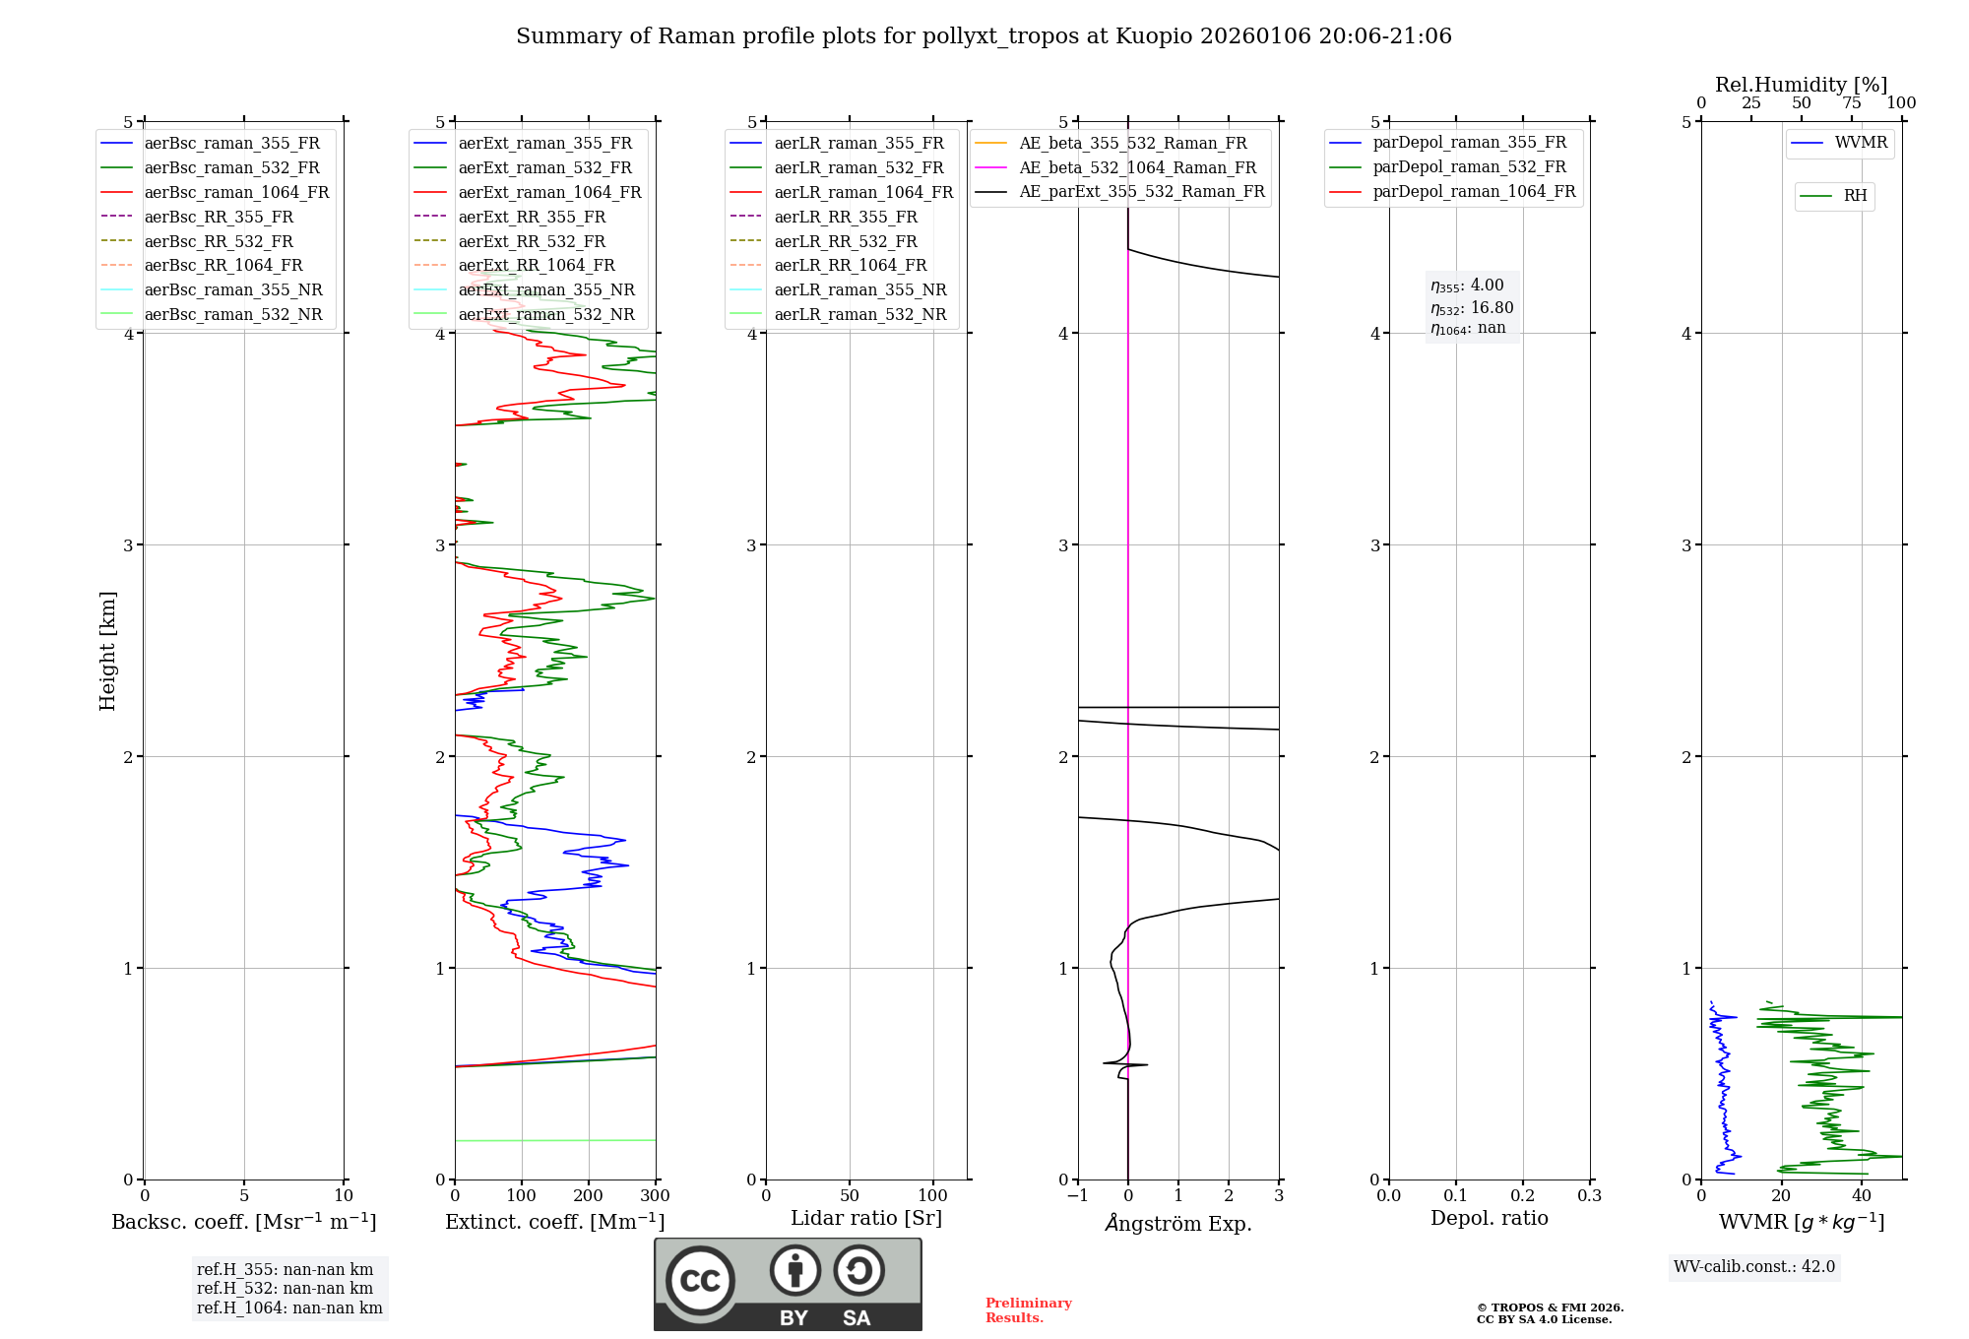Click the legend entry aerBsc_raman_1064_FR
pos(236,193)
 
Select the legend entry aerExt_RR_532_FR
pos(532,241)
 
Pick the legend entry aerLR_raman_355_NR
pos(859,290)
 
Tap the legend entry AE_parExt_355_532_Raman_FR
pos(1141,192)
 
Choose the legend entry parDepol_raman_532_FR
pos(1469,167)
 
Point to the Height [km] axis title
pos(107,651)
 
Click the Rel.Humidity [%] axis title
pos(1801,85)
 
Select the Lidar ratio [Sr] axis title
pos(866,1219)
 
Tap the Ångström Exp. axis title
pos(1178,1224)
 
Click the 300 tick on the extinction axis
pos(656,1196)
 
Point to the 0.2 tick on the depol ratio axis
pos(1523,1196)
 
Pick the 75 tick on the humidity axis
pos(1852,103)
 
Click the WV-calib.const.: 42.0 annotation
pos(1754,1267)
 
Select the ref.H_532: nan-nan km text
pos(285,1289)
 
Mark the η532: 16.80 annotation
pos(1472,308)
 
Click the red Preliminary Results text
pos(1028,1310)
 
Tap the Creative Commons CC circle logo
pos(700,1281)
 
